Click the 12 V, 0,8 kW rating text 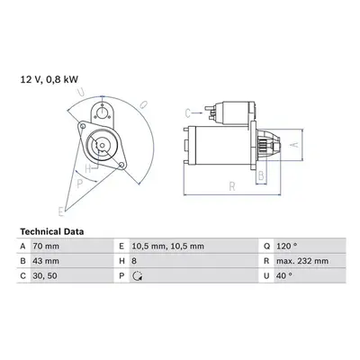coord(49,79)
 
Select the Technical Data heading coord(52,231)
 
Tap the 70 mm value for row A coord(46,247)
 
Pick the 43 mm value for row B coord(46,261)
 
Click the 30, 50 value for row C coord(45,275)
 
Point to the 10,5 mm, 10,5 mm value coord(168,247)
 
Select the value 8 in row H coord(134,261)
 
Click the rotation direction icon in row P coord(138,276)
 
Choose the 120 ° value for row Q coord(287,247)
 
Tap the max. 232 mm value coord(302,261)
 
